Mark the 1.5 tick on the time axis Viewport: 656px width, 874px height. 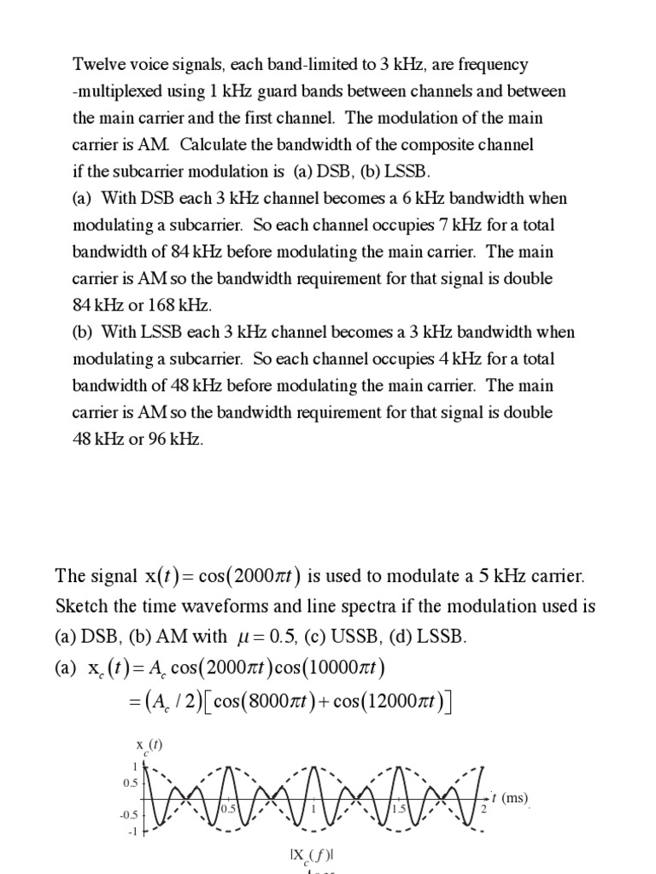pyautogui.click(x=399, y=808)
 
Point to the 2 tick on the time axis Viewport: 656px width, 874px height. pyautogui.click(x=483, y=808)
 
